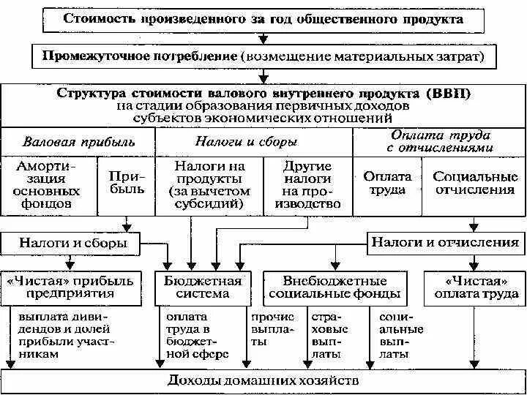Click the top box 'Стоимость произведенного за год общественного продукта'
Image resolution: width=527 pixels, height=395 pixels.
[x=263, y=20]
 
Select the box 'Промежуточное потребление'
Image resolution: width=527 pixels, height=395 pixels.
[x=263, y=56]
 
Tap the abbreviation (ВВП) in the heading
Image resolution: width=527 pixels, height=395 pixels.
[x=446, y=94]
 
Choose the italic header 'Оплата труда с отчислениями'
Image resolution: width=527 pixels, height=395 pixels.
[x=438, y=141]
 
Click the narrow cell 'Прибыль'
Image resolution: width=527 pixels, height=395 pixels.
[x=127, y=184]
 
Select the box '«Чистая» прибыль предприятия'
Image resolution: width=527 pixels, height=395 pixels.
[x=71, y=287]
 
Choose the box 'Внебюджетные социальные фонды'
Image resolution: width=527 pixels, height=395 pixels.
[x=334, y=287]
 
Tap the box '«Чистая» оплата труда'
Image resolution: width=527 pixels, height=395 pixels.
[x=472, y=287]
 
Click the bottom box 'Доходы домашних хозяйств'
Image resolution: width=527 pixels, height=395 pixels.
[x=263, y=381]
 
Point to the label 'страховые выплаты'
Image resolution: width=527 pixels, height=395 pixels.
[x=330, y=336]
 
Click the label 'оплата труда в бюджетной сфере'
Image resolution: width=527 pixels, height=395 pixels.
[x=196, y=336]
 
